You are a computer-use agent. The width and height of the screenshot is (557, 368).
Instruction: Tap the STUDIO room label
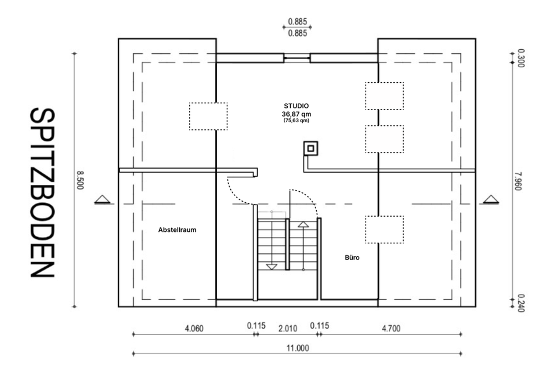pyautogui.click(x=296, y=105)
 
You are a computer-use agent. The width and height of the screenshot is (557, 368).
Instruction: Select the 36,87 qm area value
pyautogui.click(x=296, y=114)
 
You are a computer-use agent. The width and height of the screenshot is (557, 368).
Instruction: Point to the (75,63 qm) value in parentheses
pyautogui.click(x=296, y=121)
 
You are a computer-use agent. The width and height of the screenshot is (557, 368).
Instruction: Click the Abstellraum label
pyautogui.click(x=178, y=230)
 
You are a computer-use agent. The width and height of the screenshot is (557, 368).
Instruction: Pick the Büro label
pyautogui.click(x=352, y=258)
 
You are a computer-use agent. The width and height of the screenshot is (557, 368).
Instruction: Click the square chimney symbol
pyautogui.click(x=311, y=149)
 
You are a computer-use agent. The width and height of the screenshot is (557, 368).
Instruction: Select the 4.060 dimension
pyautogui.click(x=194, y=329)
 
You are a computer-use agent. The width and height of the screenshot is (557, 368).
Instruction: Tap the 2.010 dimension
pyautogui.click(x=288, y=329)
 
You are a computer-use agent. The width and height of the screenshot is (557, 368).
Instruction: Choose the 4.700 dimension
pyautogui.click(x=391, y=329)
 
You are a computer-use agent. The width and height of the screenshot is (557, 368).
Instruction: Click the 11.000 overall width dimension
pyautogui.click(x=298, y=348)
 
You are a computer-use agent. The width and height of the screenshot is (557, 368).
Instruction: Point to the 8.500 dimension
pyautogui.click(x=80, y=180)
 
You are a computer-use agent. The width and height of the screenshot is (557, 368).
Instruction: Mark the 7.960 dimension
pyautogui.click(x=518, y=181)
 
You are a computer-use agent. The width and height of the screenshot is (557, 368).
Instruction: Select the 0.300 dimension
pyautogui.click(x=521, y=58)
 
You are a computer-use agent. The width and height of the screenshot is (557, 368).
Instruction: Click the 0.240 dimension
pyautogui.click(x=521, y=303)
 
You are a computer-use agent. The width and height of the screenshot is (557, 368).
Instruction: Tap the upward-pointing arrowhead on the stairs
pyautogui.click(x=303, y=224)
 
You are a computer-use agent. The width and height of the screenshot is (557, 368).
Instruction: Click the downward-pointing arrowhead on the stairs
pyautogui.click(x=272, y=267)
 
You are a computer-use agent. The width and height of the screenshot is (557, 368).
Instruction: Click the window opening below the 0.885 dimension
pyautogui.click(x=297, y=58)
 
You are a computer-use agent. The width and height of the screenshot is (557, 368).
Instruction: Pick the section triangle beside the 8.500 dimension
pyautogui.click(x=103, y=199)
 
